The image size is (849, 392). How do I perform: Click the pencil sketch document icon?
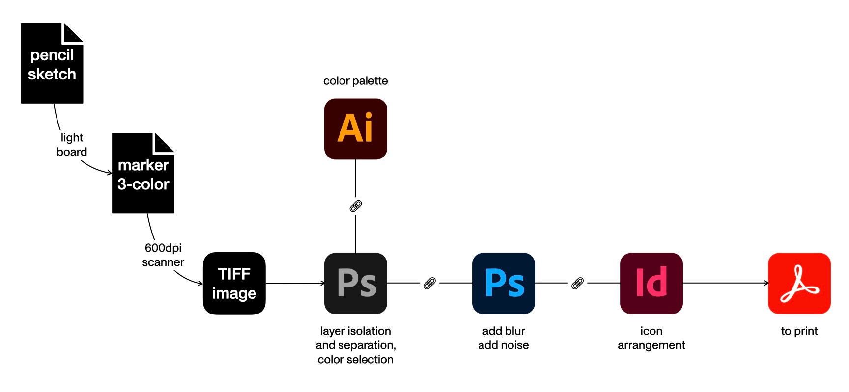pyautogui.click(x=52, y=63)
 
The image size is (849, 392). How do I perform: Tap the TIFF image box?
pyautogui.click(x=234, y=284)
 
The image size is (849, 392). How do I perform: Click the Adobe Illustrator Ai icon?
pyautogui.click(x=356, y=129)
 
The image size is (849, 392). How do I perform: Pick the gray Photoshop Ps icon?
pyautogui.click(x=356, y=284)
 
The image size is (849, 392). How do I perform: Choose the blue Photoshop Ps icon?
pyautogui.click(x=504, y=284)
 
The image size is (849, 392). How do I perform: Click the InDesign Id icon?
pyautogui.click(x=651, y=284)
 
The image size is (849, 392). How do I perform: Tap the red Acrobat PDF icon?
pyautogui.click(x=799, y=284)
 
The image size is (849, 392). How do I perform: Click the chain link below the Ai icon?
pyautogui.click(x=356, y=206)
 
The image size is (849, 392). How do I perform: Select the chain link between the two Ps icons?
pyautogui.click(x=429, y=283)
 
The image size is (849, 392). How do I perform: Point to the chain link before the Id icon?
pyautogui.click(x=577, y=283)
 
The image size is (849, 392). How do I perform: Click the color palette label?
pyautogui.click(x=355, y=81)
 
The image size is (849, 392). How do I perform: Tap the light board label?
pyautogui.click(x=72, y=145)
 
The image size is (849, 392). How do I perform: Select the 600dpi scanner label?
pyautogui.click(x=163, y=255)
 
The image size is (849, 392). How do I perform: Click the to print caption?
pyautogui.click(x=799, y=331)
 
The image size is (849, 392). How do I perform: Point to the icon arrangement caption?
pyautogui.click(x=651, y=338)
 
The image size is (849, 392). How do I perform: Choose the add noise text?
pyautogui.click(x=504, y=345)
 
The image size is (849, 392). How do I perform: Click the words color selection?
pyautogui.click(x=355, y=360)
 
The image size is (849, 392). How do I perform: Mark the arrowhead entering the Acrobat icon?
pyautogui.click(x=766, y=283)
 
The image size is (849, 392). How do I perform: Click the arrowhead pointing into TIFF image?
pyautogui.click(x=200, y=283)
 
